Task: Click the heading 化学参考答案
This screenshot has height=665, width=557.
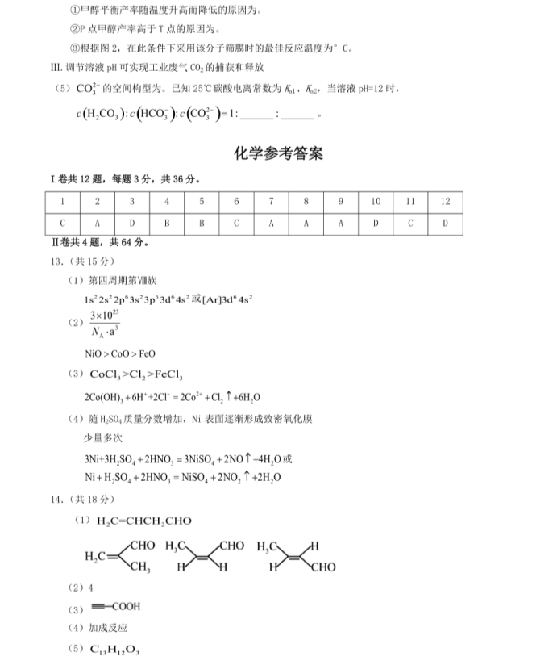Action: point(278,153)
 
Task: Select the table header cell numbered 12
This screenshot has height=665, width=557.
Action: point(444,201)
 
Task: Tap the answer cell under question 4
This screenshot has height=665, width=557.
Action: point(167,222)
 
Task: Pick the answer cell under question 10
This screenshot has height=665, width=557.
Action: point(375,222)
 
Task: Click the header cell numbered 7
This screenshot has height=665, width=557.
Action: point(271,201)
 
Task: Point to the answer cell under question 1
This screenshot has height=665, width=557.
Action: point(62,222)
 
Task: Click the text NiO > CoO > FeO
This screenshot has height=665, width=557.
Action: point(120,353)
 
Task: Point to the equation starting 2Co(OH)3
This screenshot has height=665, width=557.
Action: point(172,397)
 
